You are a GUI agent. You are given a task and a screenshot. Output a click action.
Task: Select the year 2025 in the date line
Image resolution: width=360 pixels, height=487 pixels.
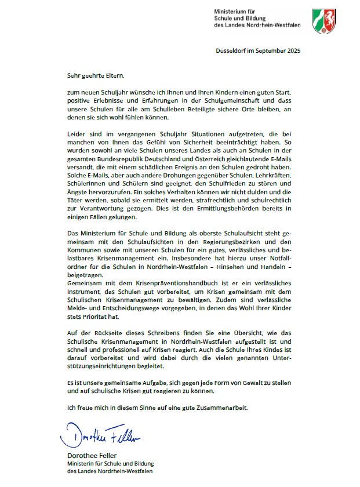292,51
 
